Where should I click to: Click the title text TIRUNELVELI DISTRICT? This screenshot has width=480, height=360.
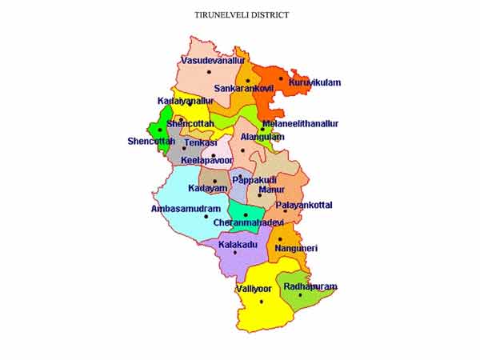242,15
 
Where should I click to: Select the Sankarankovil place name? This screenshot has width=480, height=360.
244,88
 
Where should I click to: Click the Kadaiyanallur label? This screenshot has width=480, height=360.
186,102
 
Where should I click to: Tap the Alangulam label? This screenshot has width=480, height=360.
262,137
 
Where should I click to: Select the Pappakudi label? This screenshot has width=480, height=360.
254,180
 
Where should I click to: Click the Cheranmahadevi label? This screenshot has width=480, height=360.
246,223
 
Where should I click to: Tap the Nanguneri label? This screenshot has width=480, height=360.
296,249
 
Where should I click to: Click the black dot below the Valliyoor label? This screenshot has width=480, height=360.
262,302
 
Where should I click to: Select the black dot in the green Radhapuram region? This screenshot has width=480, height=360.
301,294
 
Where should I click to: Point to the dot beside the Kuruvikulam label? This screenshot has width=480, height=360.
281,78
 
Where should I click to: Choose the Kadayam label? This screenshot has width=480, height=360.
202,189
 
